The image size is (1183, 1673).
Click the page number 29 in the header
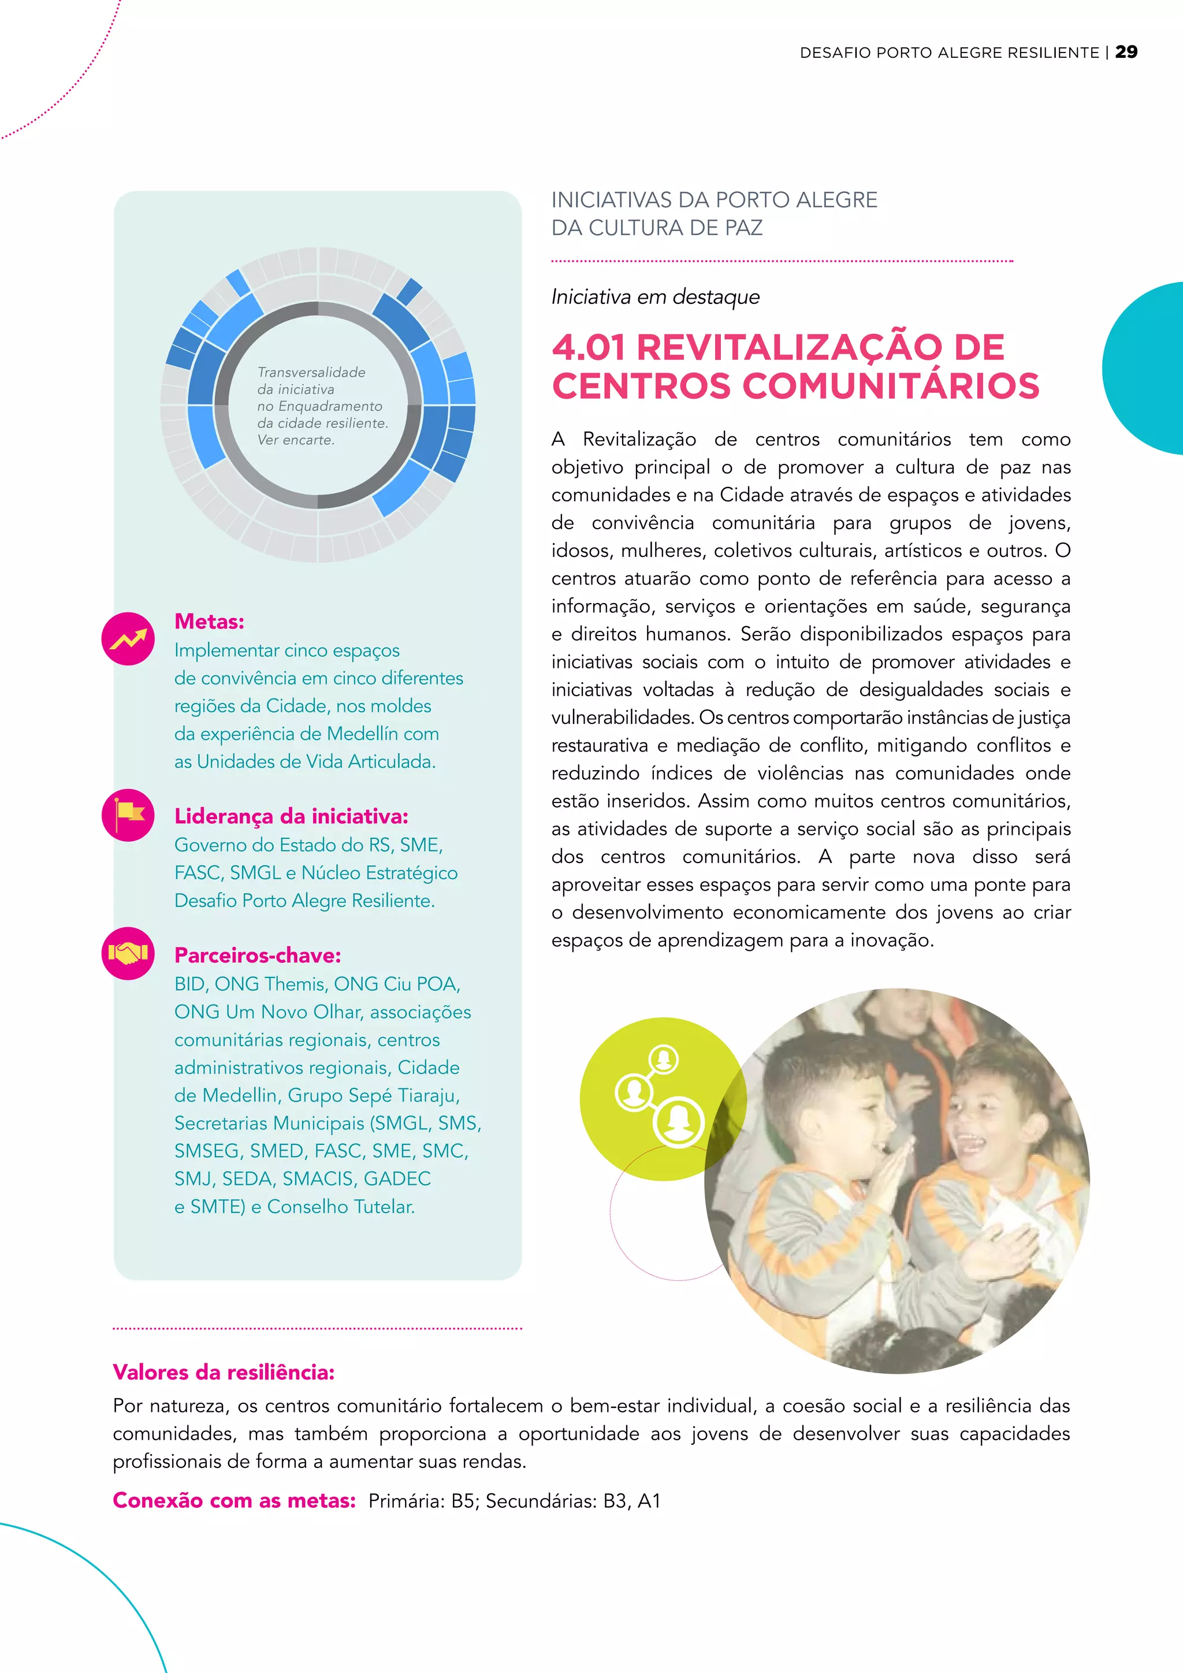(1126, 52)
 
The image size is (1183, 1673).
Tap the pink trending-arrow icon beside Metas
(128, 639)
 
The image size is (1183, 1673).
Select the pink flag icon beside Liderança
(128, 815)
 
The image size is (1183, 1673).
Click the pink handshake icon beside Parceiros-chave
(128, 953)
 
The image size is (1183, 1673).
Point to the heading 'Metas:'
(209, 622)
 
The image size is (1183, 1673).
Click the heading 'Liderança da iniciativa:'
(291, 816)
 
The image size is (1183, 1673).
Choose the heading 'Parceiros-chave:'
(257, 956)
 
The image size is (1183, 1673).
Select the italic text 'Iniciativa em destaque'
(655, 296)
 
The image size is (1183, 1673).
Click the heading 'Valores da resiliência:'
(224, 1372)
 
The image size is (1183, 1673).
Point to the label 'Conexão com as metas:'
(234, 1500)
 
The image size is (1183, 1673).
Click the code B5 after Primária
(463, 1501)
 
